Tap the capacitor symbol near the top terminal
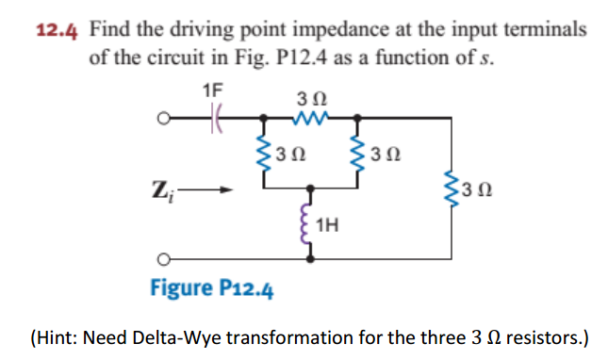point(214,121)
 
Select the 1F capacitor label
point(213,90)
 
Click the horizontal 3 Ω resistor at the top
point(309,121)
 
